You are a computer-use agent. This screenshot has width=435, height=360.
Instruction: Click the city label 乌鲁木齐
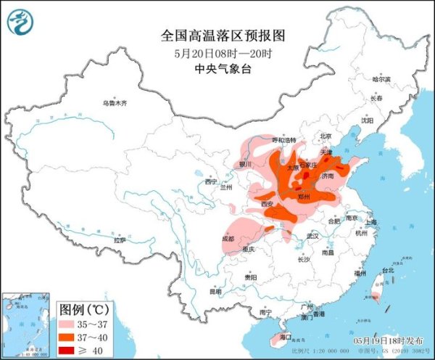[x=114, y=103]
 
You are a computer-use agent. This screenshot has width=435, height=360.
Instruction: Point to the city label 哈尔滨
[x=381, y=79]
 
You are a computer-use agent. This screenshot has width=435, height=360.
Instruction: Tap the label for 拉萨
[x=120, y=240]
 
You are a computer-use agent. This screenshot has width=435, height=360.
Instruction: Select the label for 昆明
[x=215, y=292]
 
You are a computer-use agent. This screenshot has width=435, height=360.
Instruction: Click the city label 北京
[x=326, y=136]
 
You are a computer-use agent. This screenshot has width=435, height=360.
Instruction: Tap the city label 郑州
[x=304, y=196]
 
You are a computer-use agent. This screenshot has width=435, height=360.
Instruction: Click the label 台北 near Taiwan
[x=388, y=270]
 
